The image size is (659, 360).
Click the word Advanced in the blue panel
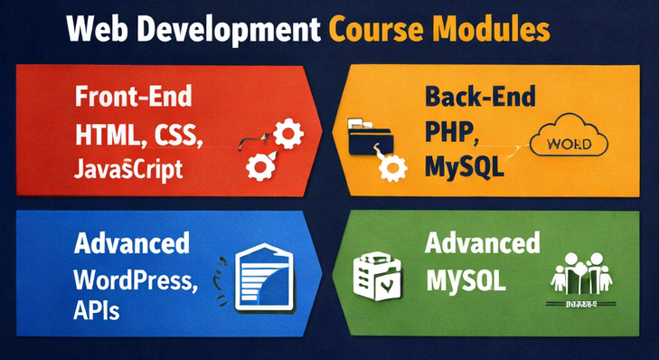[x=132, y=244]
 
